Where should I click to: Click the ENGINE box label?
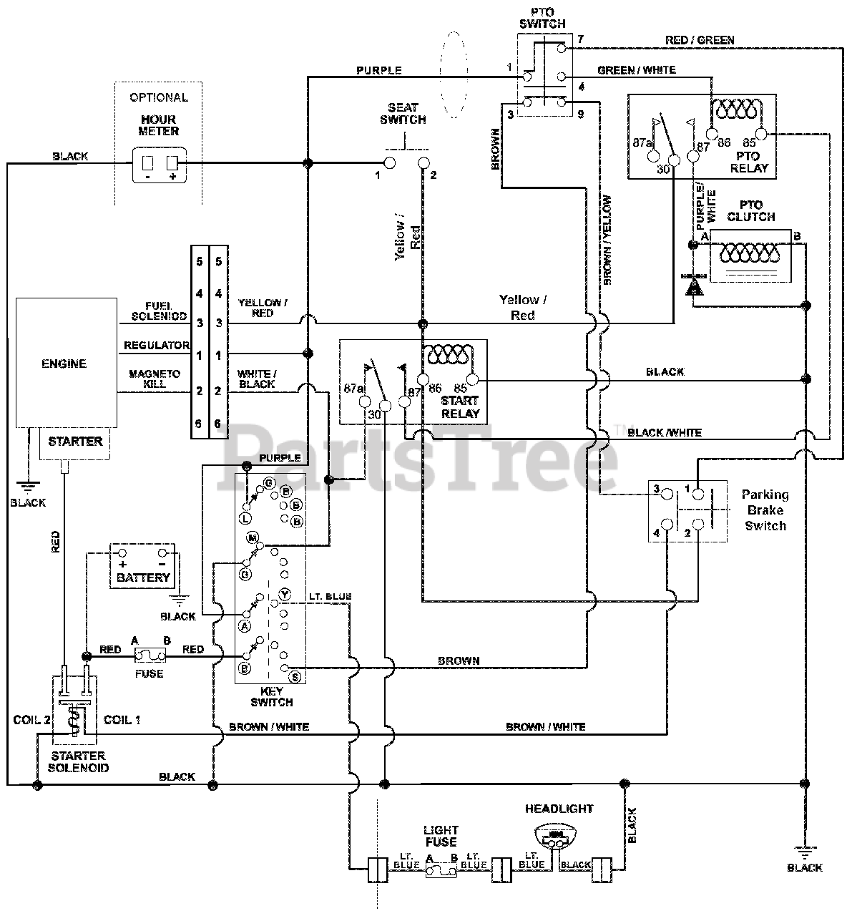click(x=64, y=364)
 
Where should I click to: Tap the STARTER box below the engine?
click(x=74, y=443)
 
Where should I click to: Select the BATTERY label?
click(x=144, y=578)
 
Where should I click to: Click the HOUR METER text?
click(x=159, y=125)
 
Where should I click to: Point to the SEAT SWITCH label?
click(x=403, y=114)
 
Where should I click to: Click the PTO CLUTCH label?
click(x=751, y=211)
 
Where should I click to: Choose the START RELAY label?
click(x=461, y=407)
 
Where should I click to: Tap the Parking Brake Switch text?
click(x=765, y=510)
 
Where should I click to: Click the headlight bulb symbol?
click(x=556, y=836)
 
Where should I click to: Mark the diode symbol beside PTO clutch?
click(x=693, y=285)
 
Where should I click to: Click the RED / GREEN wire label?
click(x=700, y=40)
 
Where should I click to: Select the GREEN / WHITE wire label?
click(x=637, y=70)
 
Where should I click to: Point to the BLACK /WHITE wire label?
click(x=665, y=433)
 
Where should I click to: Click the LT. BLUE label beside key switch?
click(x=330, y=596)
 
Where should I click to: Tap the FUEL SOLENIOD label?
click(x=159, y=311)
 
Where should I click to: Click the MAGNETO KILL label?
click(x=155, y=379)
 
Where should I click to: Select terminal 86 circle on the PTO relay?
click(x=713, y=135)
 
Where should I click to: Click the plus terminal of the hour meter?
click(x=172, y=163)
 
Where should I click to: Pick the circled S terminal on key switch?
click(x=295, y=676)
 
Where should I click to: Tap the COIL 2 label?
click(x=31, y=719)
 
